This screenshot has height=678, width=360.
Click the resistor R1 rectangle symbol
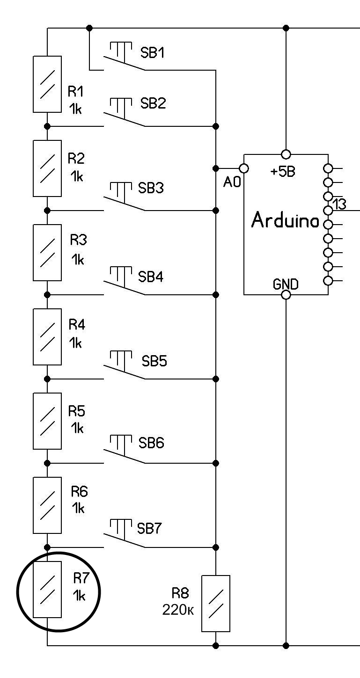click(47, 84)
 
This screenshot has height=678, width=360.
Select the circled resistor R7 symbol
click(47, 590)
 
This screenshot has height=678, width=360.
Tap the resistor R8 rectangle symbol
click(216, 604)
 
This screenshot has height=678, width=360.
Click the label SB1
click(153, 53)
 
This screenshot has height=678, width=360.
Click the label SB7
click(149, 529)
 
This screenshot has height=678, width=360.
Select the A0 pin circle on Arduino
click(243, 168)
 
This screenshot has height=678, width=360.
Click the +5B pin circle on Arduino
click(286, 154)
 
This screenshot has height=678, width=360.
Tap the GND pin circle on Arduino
click(286, 295)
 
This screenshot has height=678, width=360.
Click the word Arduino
click(286, 220)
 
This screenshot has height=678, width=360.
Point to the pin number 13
click(339, 204)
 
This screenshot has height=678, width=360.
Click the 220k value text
click(178, 610)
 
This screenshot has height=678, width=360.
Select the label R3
click(79, 240)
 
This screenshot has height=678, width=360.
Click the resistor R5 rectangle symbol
click(47, 421)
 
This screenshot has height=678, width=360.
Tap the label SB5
click(154, 361)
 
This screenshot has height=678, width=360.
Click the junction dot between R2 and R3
click(47, 211)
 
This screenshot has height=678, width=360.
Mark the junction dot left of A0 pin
click(216, 168)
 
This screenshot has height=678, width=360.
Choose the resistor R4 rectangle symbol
click(47, 337)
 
